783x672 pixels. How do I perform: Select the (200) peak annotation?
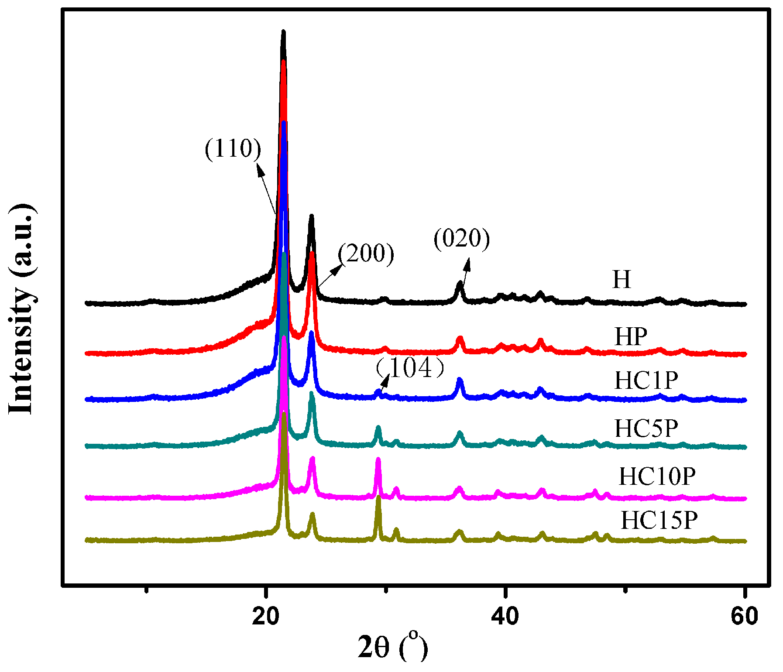[x=366, y=253]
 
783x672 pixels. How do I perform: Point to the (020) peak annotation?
[x=462, y=239]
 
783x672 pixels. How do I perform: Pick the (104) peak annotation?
[x=410, y=368]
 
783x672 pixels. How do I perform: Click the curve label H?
[x=622, y=279]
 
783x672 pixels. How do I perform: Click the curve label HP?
[x=631, y=336]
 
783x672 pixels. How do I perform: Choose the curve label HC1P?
[x=646, y=381]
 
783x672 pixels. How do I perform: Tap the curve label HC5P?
[x=646, y=428]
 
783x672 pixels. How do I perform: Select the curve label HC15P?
[x=659, y=520]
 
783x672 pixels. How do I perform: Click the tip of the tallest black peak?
[x=283, y=31]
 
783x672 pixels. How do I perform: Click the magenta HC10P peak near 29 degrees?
[x=378, y=459]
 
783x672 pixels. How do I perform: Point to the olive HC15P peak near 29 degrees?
[x=378, y=497]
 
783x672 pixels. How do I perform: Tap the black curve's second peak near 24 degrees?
[x=311, y=216]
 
